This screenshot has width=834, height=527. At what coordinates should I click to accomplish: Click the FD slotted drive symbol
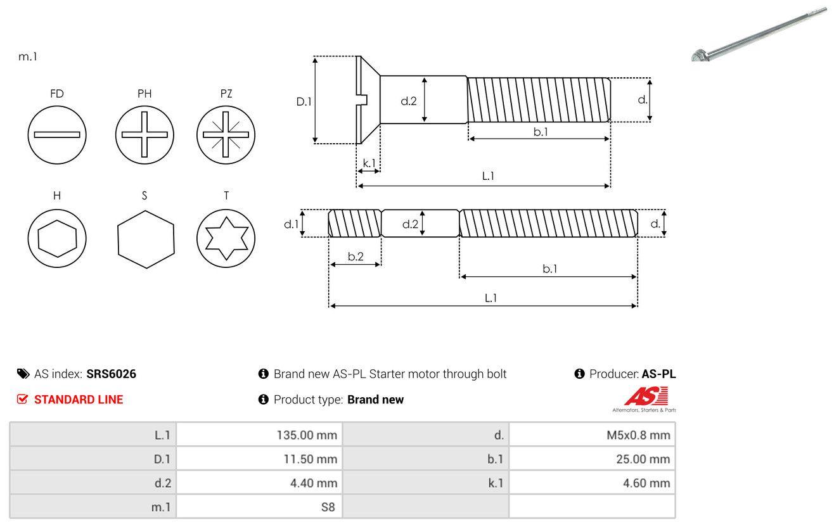click(57, 134)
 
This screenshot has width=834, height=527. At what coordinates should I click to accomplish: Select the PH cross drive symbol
click(144, 134)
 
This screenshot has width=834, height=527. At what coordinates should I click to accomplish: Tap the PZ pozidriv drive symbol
click(226, 134)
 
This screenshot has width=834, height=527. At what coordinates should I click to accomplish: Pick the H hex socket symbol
click(57, 238)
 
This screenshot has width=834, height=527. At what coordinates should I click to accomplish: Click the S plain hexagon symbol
click(145, 238)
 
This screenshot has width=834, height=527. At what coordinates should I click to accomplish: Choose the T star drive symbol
click(226, 238)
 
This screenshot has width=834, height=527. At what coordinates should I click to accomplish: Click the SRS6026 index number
click(112, 374)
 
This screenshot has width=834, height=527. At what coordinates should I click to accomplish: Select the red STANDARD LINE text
click(79, 400)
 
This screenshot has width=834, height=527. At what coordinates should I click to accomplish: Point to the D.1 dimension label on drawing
click(304, 101)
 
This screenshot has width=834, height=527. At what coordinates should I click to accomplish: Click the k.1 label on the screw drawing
click(368, 163)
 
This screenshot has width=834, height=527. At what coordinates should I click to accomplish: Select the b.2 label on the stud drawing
click(356, 257)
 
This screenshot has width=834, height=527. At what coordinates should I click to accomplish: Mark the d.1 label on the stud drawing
click(291, 224)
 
